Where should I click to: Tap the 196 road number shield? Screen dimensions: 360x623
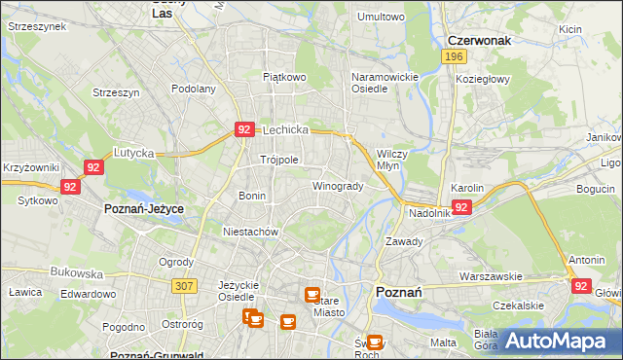point(452,57)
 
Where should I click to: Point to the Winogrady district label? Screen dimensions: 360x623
point(338,186)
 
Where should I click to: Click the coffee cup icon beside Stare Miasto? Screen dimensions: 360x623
point(311,294)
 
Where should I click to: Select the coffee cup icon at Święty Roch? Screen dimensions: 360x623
point(376,342)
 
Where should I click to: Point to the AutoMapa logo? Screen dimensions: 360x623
point(554,341)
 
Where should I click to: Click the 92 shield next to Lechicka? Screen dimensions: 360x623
point(244,128)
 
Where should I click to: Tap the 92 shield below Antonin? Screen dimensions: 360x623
point(582,286)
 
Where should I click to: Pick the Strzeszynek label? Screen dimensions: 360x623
point(36,27)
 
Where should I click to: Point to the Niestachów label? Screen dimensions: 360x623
point(251,233)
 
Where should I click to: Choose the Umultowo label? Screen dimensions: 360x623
point(381,17)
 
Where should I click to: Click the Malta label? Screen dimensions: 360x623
point(443,342)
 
